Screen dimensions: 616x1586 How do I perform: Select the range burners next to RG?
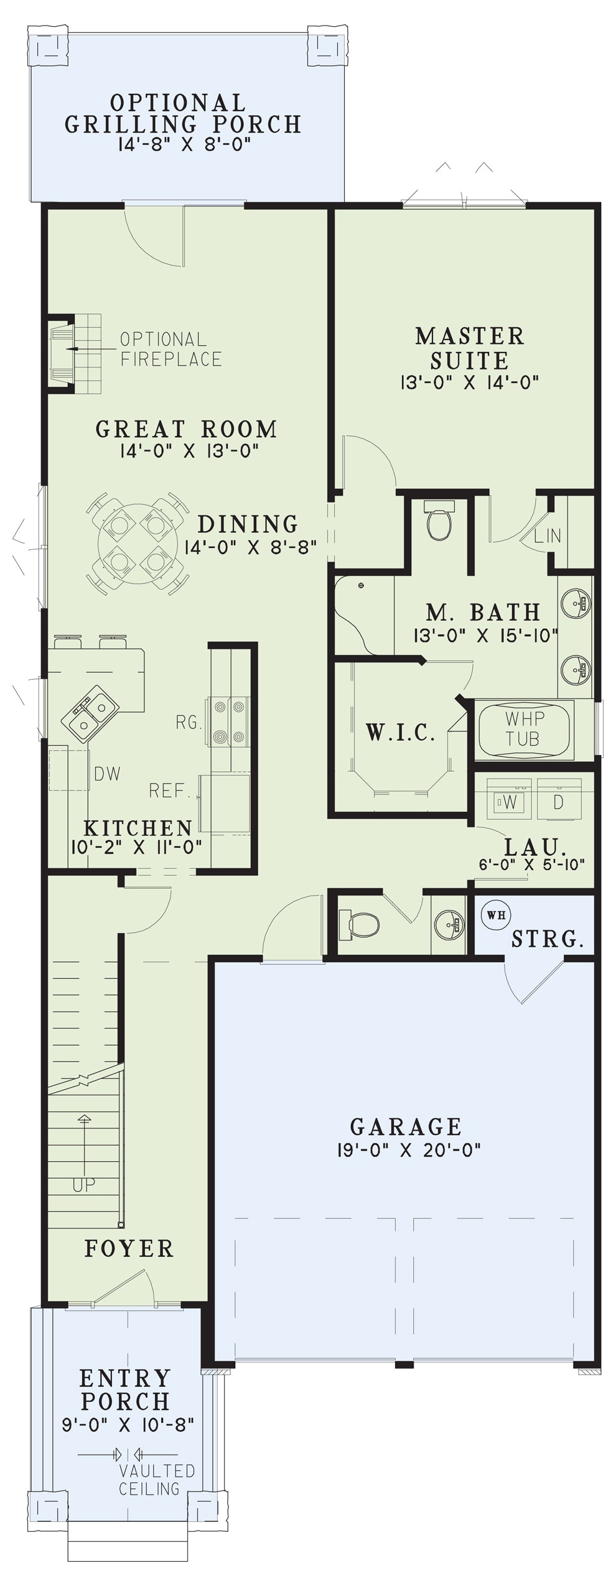tap(230, 721)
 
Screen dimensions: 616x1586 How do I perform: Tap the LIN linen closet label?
tap(548, 534)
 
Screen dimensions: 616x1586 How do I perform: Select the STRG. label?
tap(548, 939)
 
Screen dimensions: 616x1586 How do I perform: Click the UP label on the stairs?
tap(83, 1184)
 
